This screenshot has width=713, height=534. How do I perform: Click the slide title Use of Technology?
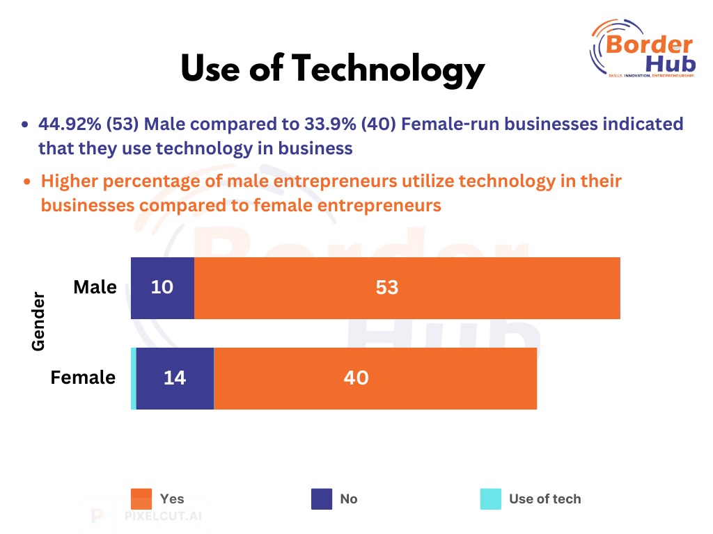[x=332, y=70]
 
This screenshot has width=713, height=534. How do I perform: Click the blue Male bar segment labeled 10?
[x=162, y=288]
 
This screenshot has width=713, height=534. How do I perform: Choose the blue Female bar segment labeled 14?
[x=175, y=378]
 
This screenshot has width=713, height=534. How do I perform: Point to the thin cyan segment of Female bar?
[x=134, y=378]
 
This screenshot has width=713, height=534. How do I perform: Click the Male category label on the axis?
[x=95, y=286]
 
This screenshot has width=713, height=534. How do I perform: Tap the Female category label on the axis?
[x=83, y=378]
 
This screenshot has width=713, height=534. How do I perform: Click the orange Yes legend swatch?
[x=141, y=499]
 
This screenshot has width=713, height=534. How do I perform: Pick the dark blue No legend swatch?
[x=322, y=499]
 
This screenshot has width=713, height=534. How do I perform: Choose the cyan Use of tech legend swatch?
[x=490, y=499]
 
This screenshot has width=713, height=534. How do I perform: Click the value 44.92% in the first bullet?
[x=70, y=124]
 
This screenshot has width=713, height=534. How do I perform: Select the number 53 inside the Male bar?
[x=386, y=287]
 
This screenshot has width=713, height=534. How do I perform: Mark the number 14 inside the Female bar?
[x=175, y=378]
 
